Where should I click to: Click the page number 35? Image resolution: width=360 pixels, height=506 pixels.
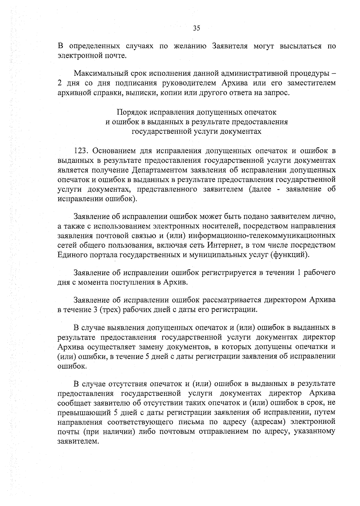coord(196,28)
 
